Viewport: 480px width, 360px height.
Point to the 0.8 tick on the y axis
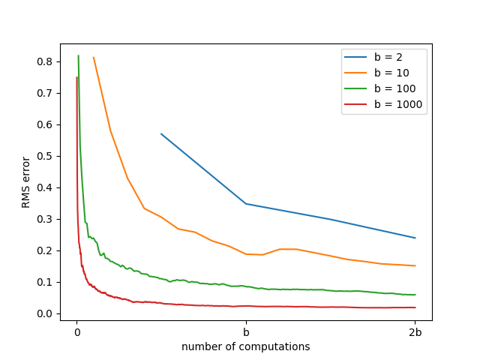[x=46, y=61]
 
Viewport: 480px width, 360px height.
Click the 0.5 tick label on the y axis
[x=46, y=156]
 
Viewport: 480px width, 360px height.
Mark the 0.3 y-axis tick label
[x=46, y=219]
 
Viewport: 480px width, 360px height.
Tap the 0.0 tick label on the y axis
[x=46, y=313]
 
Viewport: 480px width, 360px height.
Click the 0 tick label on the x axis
[x=76, y=332]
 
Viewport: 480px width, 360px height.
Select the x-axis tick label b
[x=246, y=332]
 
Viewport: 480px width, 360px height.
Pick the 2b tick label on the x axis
[x=415, y=332]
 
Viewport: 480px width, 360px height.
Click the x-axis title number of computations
[x=246, y=346]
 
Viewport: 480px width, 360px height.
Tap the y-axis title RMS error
[x=25, y=183]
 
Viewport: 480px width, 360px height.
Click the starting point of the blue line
[x=161, y=133]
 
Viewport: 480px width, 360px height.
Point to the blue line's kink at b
[x=246, y=203]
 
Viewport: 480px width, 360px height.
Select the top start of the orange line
[x=94, y=57]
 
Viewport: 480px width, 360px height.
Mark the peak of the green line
[x=78, y=55]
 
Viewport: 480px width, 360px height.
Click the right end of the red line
[x=415, y=307]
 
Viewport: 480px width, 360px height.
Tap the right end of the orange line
[x=415, y=265]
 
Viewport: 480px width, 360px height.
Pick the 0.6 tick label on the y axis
[x=46, y=124]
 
